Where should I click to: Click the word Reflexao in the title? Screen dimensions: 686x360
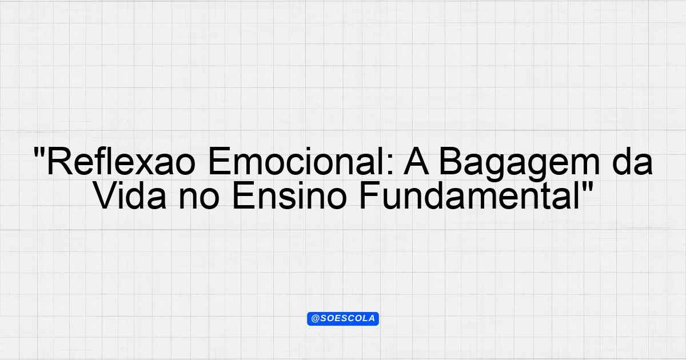click(x=121, y=161)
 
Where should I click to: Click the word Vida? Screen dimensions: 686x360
click(x=131, y=195)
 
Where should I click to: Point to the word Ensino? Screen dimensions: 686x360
click(x=289, y=195)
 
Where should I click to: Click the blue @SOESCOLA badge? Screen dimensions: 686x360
click(x=343, y=319)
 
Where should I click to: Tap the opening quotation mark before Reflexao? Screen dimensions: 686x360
click(x=39, y=152)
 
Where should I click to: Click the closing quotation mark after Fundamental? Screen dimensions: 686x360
click(x=587, y=186)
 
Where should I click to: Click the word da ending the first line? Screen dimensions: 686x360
click(x=632, y=161)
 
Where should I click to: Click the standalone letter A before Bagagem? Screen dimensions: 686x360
click(x=416, y=161)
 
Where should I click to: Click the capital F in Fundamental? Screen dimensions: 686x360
click(x=370, y=195)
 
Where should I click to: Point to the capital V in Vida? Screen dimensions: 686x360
click(x=107, y=195)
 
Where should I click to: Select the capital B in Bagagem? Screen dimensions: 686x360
click(x=451, y=161)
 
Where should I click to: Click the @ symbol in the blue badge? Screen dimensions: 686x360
click(x=316, y=319)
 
